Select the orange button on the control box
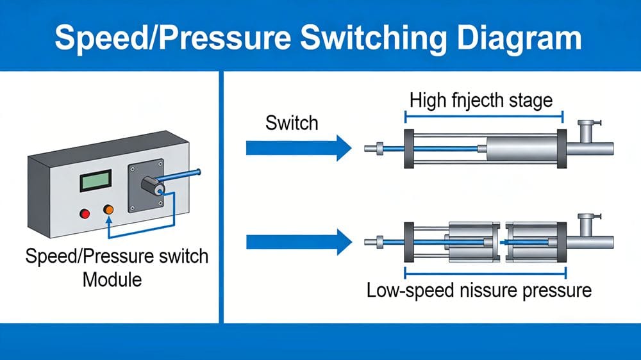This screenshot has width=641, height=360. pyautogui.click(x=108, y=210)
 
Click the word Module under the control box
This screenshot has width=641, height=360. pyautogui.click(x=117, y=279)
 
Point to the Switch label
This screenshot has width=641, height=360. pyautogui.click(x=292, y=122)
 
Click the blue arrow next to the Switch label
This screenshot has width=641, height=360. pyautogui.click(x=299, y=149)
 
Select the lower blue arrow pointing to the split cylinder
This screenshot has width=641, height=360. pyautogui.click(x=299, y=242)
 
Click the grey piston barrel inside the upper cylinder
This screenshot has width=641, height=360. pyautogui.click(x=520, y=149)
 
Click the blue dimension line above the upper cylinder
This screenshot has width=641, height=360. pyautogui.click(x=483, y=117)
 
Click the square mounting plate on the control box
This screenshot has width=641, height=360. pyautogui.click(x=146, y=186)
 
